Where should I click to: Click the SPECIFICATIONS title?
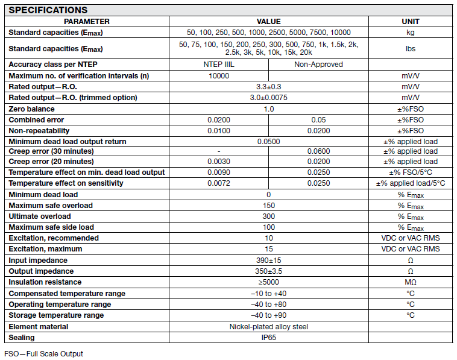pyautogui.click(x=48, y=10)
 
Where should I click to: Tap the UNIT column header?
pyautogui.click(x=410, y=21)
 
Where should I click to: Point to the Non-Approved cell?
pyautogui.click(x=318, y=65)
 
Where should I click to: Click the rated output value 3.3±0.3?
pyautogui.click(x=268, y=87)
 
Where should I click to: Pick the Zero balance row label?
pyautogui.click(x=31, y=109)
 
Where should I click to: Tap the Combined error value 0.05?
pyautogui.click(x=318, y=120)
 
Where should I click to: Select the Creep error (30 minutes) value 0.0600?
pyautogui.click(x=318, y=151)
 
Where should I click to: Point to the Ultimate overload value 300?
pyautogui.click(x=268, y=216)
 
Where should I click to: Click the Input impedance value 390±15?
pyautogui.click(x=268, y=260)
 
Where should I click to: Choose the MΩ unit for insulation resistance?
pyautogui.click(x=410, y=282)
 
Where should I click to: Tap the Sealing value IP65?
pyautogui.click(x=268, y=338)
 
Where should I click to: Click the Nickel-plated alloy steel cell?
pyautogui.click(x=268, y=327)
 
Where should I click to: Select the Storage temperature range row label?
pyautogui.click(x=56, y=315)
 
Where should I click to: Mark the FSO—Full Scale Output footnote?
pyautogui.click(x=43, y=354)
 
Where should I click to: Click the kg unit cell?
pyautogui.click(x=410, y=33)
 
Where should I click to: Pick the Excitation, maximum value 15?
pyautogui.click(x=268, y=249)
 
